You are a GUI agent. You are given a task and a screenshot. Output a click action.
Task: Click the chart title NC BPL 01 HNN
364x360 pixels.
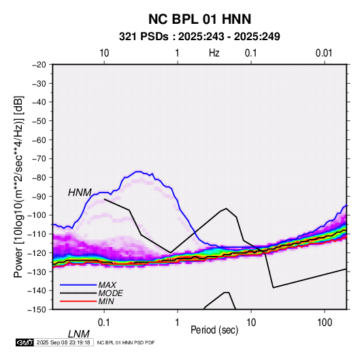pyautogui.click(x=199, y=19)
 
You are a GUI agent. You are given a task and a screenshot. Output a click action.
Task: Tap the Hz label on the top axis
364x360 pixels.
pyautogui.click(x=214, y=53)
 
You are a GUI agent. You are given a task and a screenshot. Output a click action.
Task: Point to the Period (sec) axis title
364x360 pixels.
pyautogui.click(x=214, y=330)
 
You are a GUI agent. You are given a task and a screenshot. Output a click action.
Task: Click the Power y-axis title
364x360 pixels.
pyautogui.click(x=18, y=187)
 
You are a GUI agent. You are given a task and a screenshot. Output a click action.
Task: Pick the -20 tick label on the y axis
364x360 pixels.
pyautogui.click(x=39, y=65)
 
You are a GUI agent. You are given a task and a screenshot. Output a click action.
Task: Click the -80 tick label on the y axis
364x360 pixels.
pyautogui.click(x=39, y=178)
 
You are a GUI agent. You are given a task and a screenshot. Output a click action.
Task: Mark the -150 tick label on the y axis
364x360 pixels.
pyautogui.click(x=37, y=310)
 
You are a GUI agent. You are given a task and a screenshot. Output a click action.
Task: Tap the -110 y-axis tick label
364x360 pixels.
pyautogui.click(x=37, y=234)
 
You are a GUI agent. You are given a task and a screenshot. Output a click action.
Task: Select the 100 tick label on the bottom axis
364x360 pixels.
pyautogui.click(x=325, y=323)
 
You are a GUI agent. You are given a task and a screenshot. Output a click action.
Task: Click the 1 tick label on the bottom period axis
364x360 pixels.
pyautogui.click(x=178, y=323)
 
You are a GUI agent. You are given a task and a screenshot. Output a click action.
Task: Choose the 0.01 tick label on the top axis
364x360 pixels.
pyautogui.click(x=324, y=53)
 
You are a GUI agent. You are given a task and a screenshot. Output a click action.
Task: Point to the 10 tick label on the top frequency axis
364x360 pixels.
pyautogui.click(x=104, y=53)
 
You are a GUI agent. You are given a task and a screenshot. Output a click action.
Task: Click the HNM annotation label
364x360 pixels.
pyautogui.click(x=80, y=193)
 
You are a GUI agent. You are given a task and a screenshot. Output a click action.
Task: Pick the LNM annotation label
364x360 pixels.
pyautogui.click(x=79, y=334)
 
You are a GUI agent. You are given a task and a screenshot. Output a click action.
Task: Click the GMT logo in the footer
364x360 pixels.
pyautogui.click(x=25, y=342)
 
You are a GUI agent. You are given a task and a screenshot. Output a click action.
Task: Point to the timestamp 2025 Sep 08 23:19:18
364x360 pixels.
pyautogui.click(x=63, y=342)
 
